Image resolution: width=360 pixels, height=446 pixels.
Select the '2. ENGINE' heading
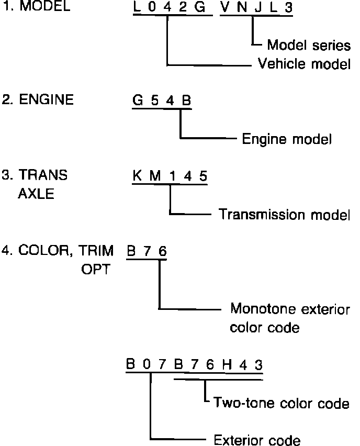click(38, 100)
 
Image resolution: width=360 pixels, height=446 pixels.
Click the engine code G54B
click(162, 101)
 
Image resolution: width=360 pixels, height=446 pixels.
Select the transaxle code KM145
click(170, 175)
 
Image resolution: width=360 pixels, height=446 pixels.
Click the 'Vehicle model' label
click(304, 64)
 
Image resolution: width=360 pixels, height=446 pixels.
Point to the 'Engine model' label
click(287, 139)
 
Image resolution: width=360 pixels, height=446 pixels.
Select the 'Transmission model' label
click(284, 214)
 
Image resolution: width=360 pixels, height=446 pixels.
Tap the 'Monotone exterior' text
click(290, 309)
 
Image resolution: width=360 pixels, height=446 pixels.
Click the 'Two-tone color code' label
click(281, 404)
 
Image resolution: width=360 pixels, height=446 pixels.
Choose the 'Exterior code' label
click(257, 439)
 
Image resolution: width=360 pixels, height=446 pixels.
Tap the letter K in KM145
click(137, 175)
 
